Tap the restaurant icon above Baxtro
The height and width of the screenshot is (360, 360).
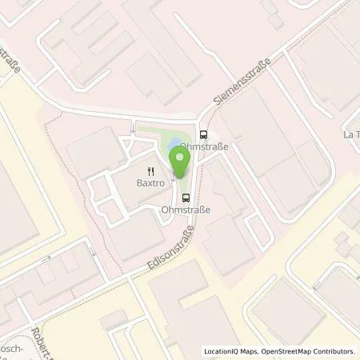[150, 170]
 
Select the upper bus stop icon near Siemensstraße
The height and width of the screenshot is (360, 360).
[203, 135]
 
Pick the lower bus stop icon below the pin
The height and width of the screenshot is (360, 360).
[186, 198]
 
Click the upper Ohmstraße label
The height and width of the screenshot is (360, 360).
[203, 147]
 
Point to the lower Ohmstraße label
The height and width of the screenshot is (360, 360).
[185, 210]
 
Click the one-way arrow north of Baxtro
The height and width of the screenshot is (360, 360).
[132, 126]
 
